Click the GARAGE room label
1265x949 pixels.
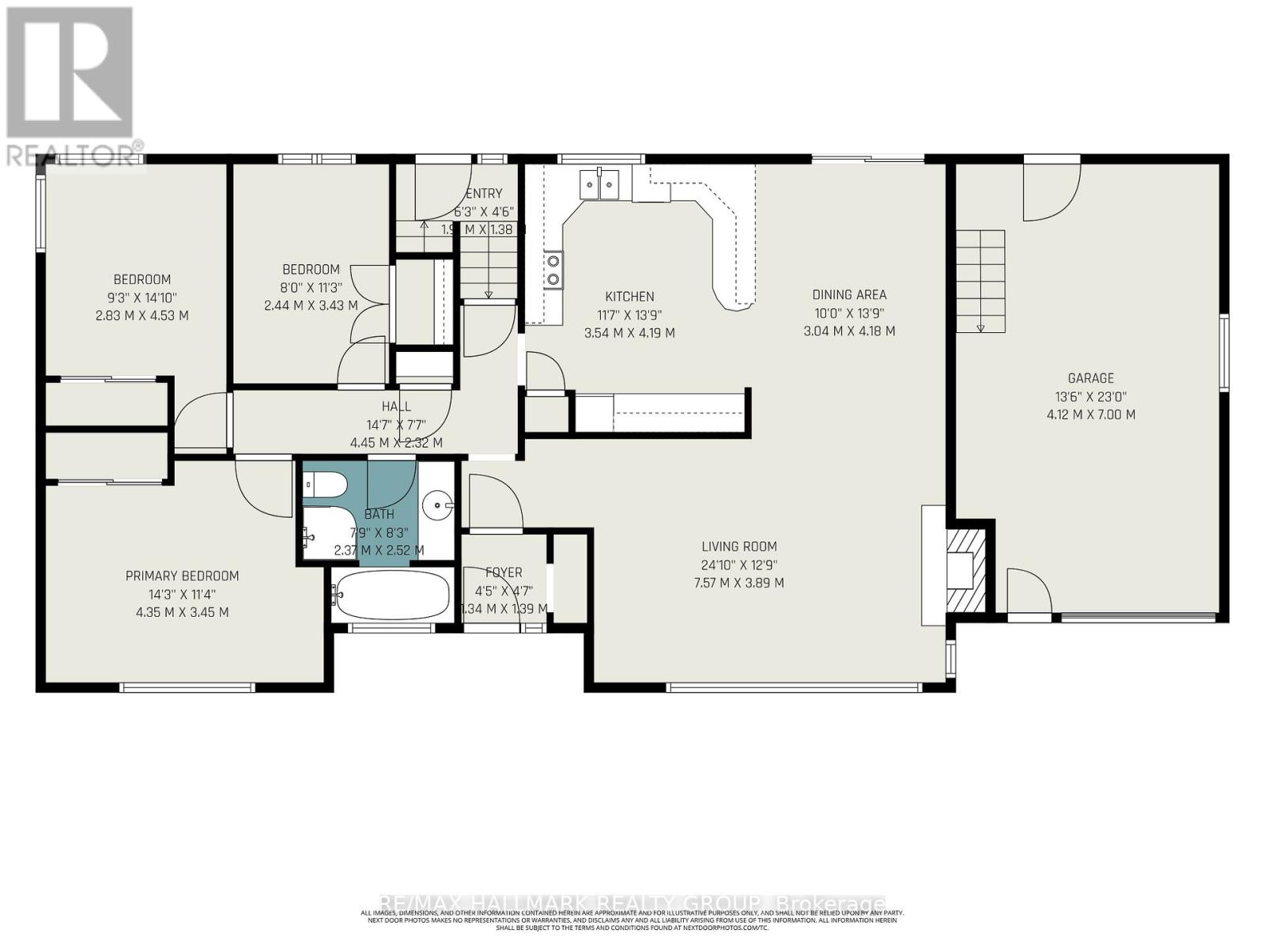tap(1090, 378)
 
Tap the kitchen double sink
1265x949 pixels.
tap(599, 185)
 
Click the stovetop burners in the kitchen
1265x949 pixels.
tap(553, 269)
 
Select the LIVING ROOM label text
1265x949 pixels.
tap(738, 546)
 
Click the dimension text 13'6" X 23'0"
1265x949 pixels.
tap(1090, 397)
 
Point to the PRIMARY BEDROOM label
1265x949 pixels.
tap(182, 576)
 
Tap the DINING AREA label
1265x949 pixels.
tap(849, 295)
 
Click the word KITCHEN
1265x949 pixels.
tap(629, 297)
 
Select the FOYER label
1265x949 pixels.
tap(504, 573)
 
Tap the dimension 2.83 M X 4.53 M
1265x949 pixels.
tap(142, 316)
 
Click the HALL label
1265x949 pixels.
tap(396, 406)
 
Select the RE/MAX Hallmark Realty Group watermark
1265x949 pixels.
tap(632, 903)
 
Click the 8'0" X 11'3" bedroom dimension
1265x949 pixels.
tap(311, 287)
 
